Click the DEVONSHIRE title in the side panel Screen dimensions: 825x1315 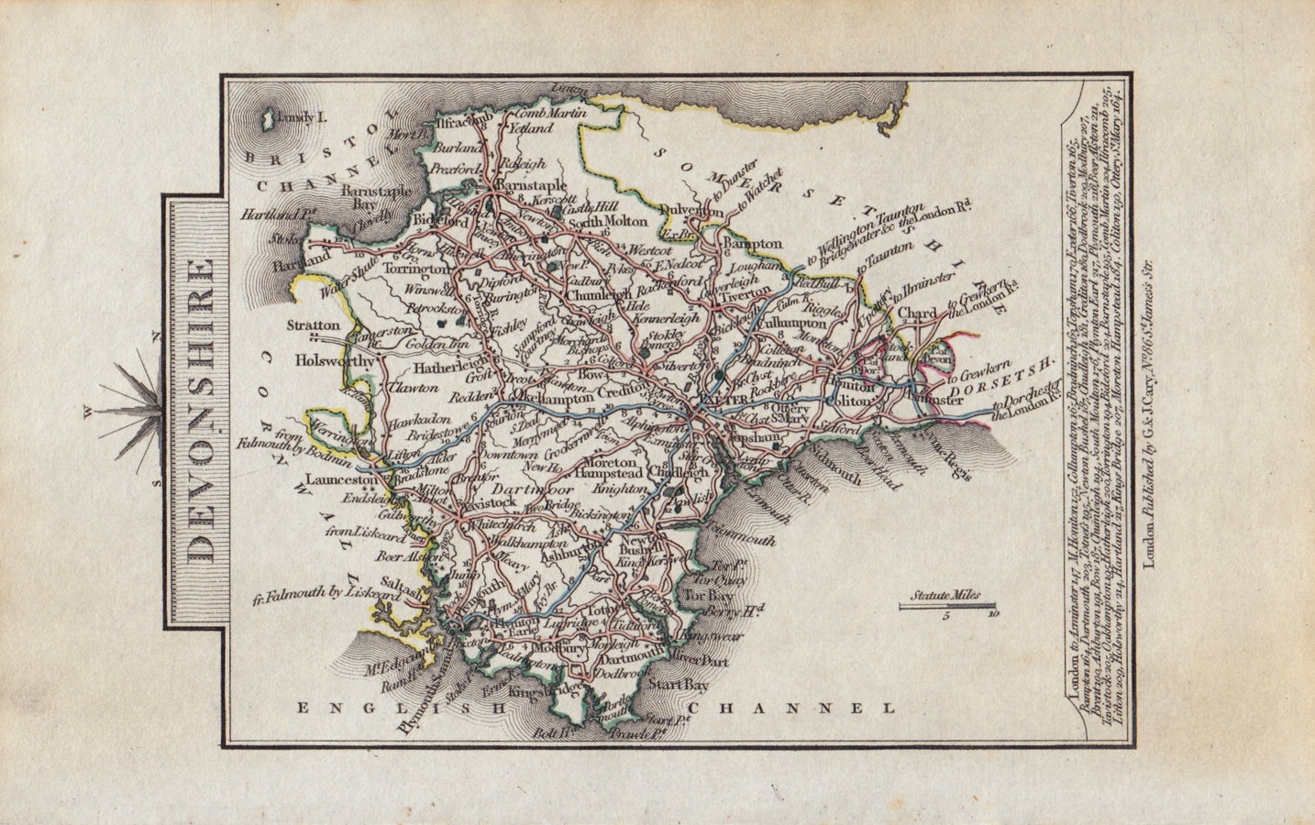[195, 412]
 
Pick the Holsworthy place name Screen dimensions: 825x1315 [337, 362]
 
